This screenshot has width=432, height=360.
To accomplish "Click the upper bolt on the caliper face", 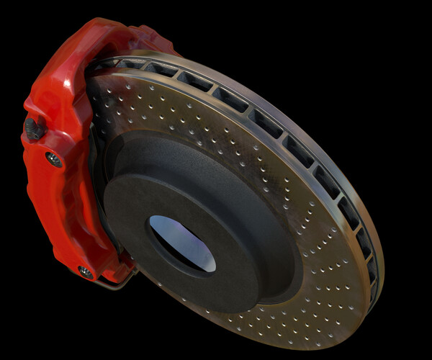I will pyautogui.click(x=53, y=159).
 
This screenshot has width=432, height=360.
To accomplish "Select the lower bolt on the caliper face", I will pyautogui.click(x=86, y=271).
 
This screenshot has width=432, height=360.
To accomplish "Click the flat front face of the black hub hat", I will pyautogui.click(x=216, y=216).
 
